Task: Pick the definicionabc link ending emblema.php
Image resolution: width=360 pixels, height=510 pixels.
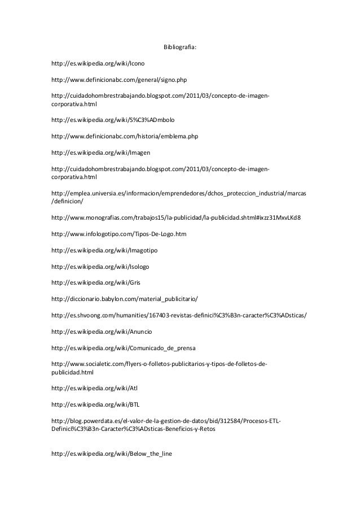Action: [x=124, y=136]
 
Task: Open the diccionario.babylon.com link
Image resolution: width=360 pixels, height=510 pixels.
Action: [x=124, y=299]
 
